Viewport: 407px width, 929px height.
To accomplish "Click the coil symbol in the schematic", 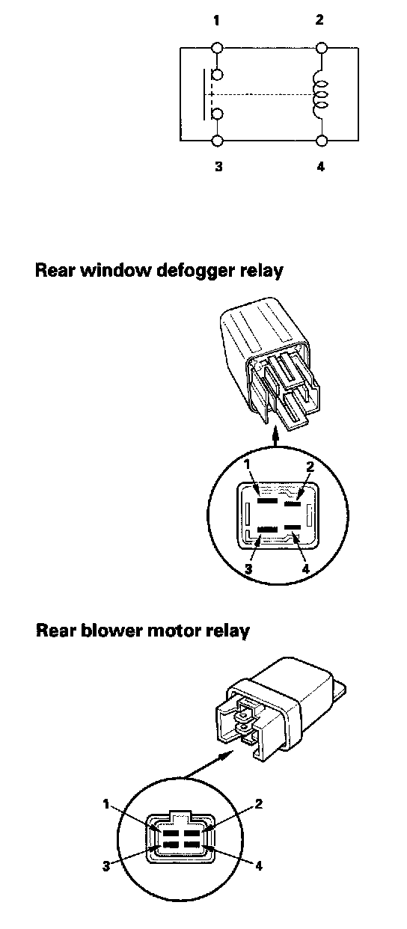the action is point(320,94).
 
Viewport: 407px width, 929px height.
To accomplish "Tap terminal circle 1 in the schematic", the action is point(217,48).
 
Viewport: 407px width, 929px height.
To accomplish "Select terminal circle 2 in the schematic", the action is point(320,48).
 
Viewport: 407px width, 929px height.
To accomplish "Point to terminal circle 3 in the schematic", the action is point(217,141).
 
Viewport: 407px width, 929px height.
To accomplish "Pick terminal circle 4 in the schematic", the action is point(321,141).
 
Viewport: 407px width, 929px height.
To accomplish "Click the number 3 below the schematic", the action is point(218,166).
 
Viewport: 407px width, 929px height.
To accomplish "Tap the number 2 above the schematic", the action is point(319,19).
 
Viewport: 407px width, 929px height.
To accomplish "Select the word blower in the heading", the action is point(112,631).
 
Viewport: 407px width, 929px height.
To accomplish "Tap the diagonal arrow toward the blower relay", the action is point(206,764).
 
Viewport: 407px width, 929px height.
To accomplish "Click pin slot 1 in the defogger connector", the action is point(267,500).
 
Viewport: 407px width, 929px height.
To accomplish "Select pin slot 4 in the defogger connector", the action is point(293,527).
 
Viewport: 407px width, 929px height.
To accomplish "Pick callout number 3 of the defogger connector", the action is point(248,568).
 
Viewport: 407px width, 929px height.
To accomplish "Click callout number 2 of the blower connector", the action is point(258,804).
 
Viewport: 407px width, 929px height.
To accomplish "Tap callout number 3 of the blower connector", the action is point(107,866).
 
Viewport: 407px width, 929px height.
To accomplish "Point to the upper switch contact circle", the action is point(217,75).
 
